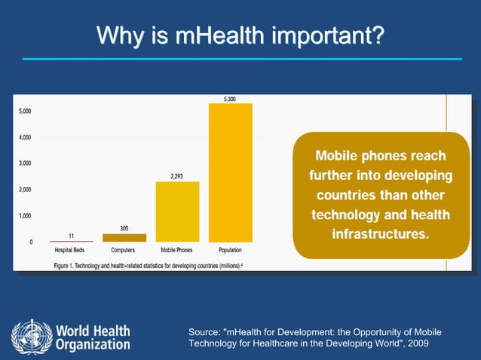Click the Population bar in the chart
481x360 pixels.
pyautogui.click(x=230, y=172)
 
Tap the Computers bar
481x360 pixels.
pyautogui.click(x=124, y=237)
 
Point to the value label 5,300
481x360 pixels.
pyautogui.click(x=230, y=99)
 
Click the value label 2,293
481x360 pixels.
pyautogui.click(x=177, y=176)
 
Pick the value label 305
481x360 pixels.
pyautogui.click(x=124, y=228)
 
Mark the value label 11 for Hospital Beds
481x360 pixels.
pyautogui.click(x=70, y=236)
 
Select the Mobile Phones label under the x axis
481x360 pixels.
pyautogui.click(x=177, y=249)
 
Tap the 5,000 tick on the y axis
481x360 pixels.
pyautogui.click(x=26, y=111)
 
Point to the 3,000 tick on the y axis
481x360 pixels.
pyautogui.click(x=26, y=163)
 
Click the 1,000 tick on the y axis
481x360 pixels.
pyautogui.click(x=26, y=216)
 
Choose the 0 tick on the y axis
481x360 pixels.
pyautogui.click(x=31, y=243)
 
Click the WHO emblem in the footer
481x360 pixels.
pyautogui.click(x=31, y=337)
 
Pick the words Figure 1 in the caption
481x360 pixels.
pyautogui.click(x=67, y=264)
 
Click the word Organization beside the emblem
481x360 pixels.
pyautogui.click(x=93, y=345)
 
